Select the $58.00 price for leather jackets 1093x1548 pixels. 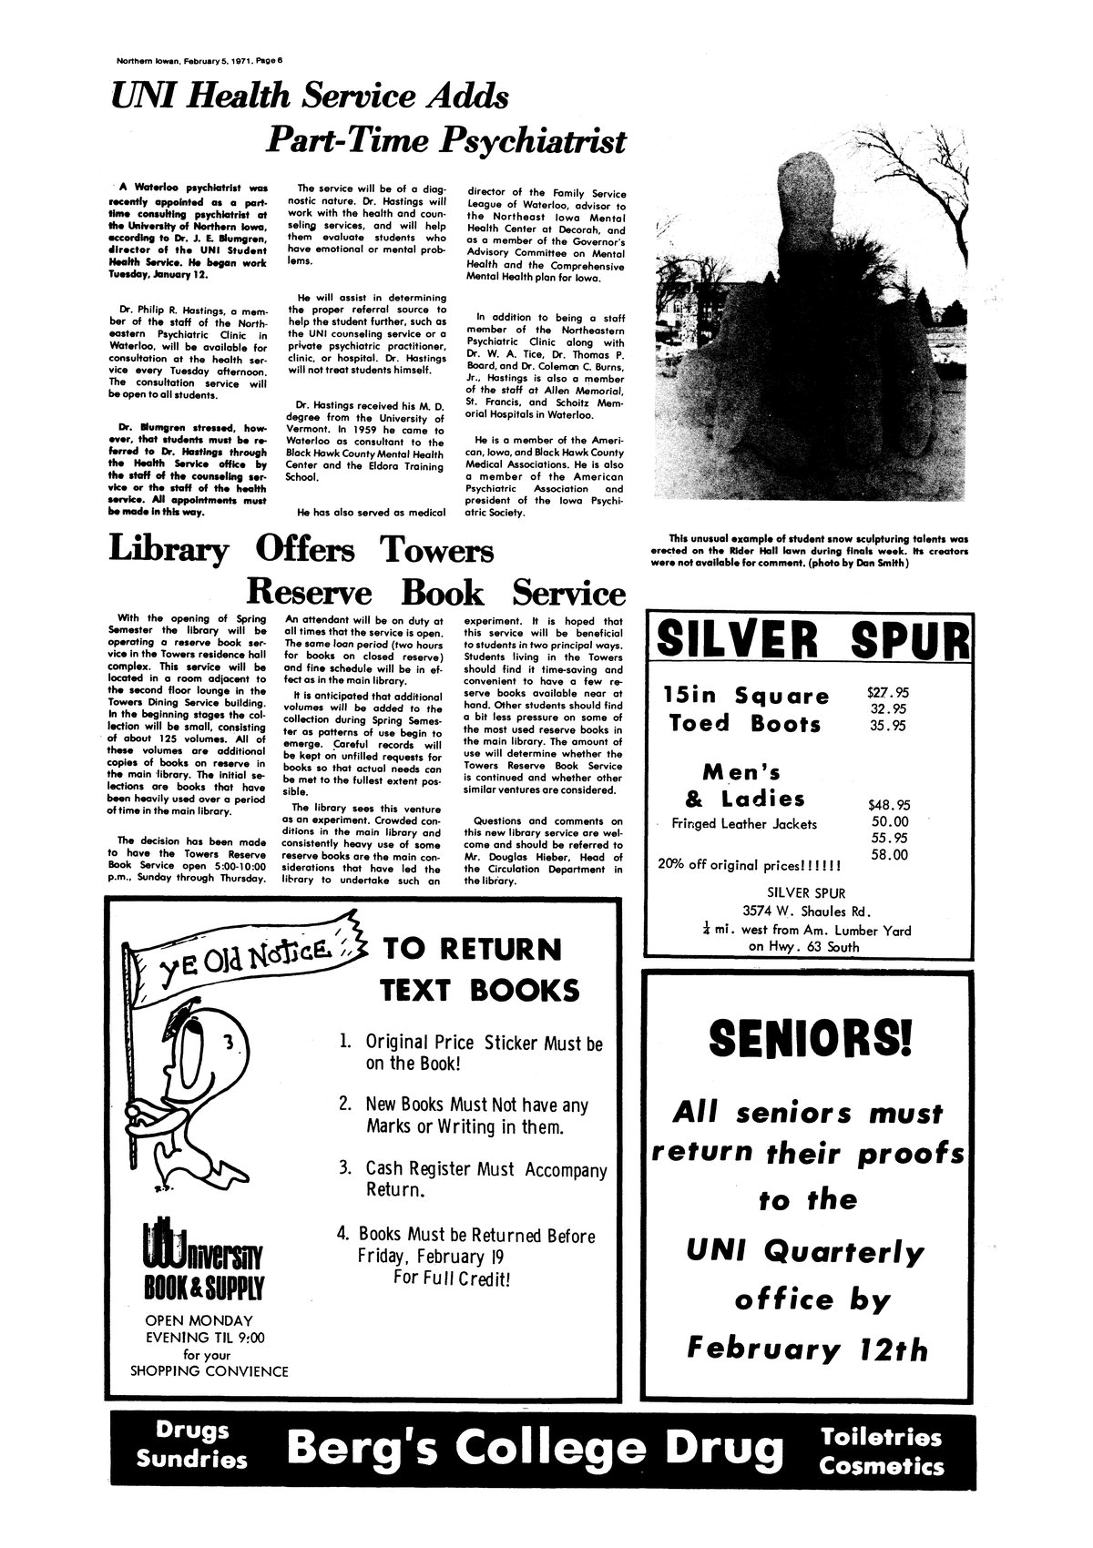(889, 855)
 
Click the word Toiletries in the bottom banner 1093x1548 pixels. (882, 1438)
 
